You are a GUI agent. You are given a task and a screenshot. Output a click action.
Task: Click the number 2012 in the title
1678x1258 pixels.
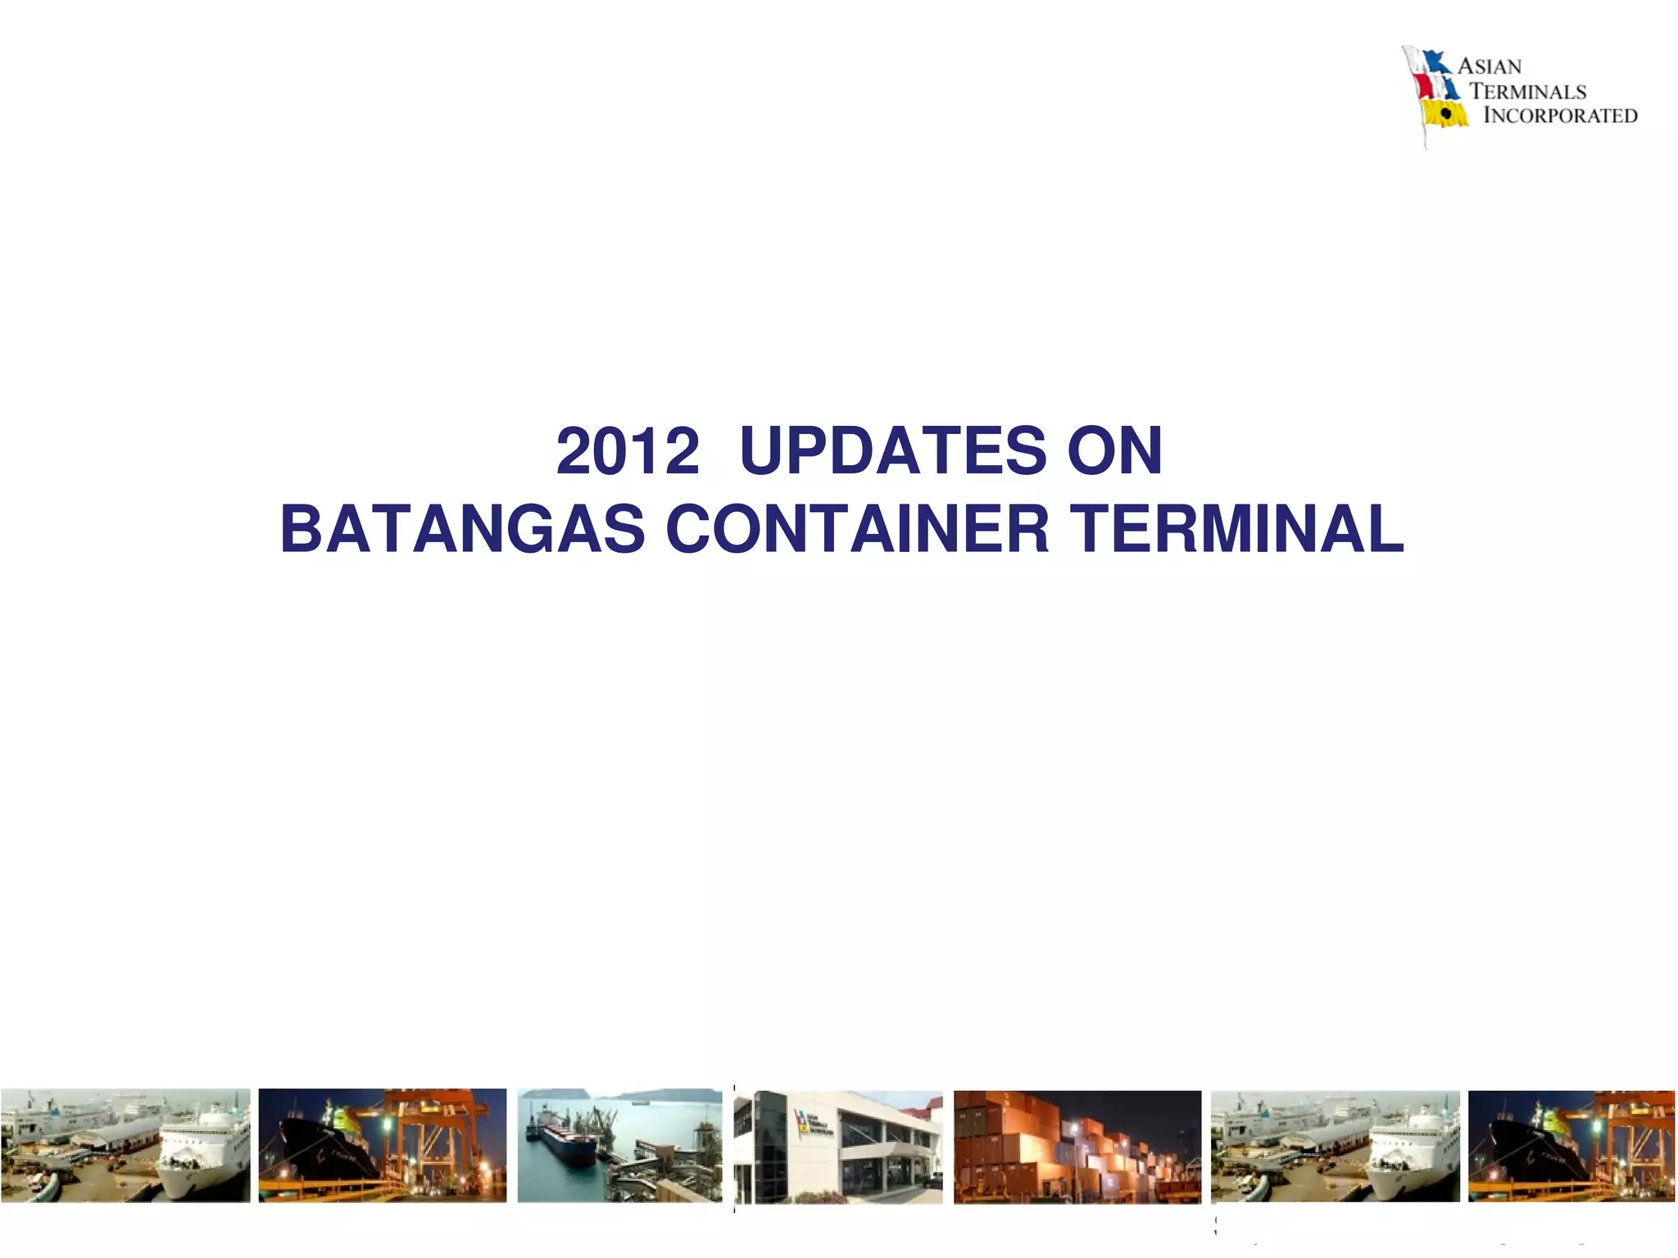point(628,451)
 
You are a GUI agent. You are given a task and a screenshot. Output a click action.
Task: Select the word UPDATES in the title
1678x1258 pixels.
point(893,451)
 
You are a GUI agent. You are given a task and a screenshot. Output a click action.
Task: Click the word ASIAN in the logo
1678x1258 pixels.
point(1490,66)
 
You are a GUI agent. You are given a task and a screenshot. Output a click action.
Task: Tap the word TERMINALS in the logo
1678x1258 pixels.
point(1528,91)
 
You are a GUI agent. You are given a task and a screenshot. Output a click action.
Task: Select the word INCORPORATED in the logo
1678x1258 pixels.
point(1560,115)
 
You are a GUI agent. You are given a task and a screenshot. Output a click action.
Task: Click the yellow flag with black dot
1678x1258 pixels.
point(1445,115)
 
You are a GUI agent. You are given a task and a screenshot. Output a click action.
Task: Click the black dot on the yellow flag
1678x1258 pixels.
point(1447,115)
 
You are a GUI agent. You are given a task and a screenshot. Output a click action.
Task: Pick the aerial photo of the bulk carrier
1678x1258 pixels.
point(619,1145)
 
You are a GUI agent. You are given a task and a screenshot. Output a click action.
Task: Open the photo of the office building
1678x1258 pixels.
point(838,1147)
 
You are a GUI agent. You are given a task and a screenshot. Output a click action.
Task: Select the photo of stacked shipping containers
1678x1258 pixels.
point(1077,1147)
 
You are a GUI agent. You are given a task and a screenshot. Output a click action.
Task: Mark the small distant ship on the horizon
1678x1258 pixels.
point(640,1102)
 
